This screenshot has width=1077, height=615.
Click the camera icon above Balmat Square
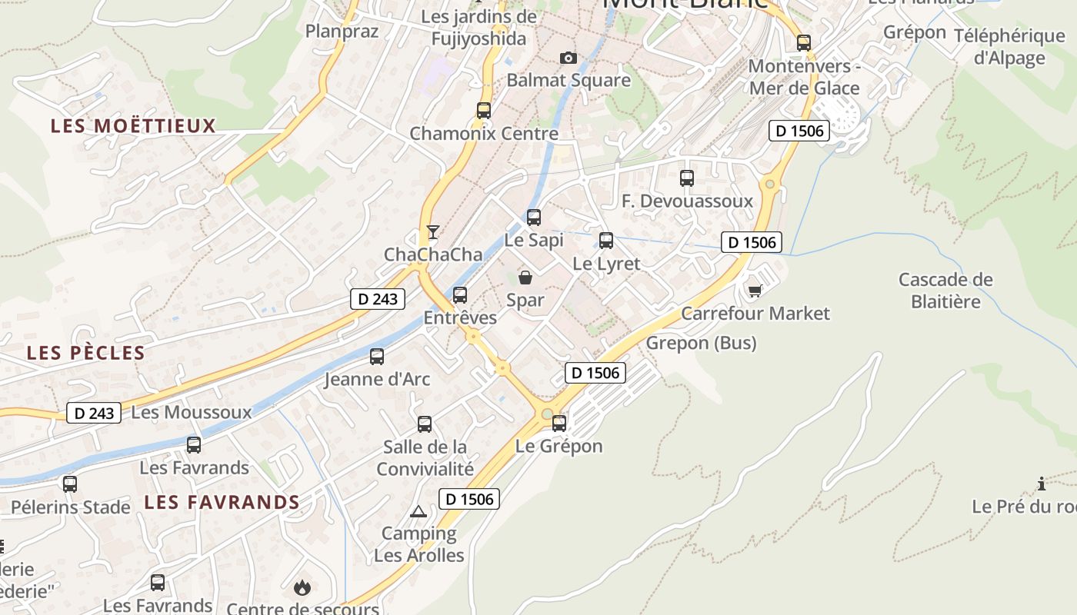pos(568,58)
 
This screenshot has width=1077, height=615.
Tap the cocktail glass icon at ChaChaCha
pos(433,231)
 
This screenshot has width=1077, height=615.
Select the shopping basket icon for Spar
pos(525,277)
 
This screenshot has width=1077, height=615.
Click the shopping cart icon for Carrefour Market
pos(755,290)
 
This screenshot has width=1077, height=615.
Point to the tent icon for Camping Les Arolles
pos(418,511)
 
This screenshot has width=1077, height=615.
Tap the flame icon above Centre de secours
pos(302,588)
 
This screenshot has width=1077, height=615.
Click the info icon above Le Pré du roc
pos(1042,484)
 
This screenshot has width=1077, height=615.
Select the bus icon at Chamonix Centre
pos(483,110)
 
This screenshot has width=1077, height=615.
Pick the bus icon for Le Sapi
pos(534,218)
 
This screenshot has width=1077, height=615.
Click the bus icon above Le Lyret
pos(606,241)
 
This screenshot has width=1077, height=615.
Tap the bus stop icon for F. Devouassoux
pos(687,178)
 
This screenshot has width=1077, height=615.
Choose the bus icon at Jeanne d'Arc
pos(377,357)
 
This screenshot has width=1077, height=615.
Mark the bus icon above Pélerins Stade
pos(70,484)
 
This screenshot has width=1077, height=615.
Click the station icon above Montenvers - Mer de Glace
pos(804,43)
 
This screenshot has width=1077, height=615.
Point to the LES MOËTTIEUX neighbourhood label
pos(133,126)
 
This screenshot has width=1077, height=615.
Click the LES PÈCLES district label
pos(85,353)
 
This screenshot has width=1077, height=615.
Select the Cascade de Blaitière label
pos(945,290)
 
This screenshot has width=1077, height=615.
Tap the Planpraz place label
pos(342,31)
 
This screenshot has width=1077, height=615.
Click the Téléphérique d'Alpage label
pos(1009,46)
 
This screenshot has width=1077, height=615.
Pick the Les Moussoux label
pos(192,412)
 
